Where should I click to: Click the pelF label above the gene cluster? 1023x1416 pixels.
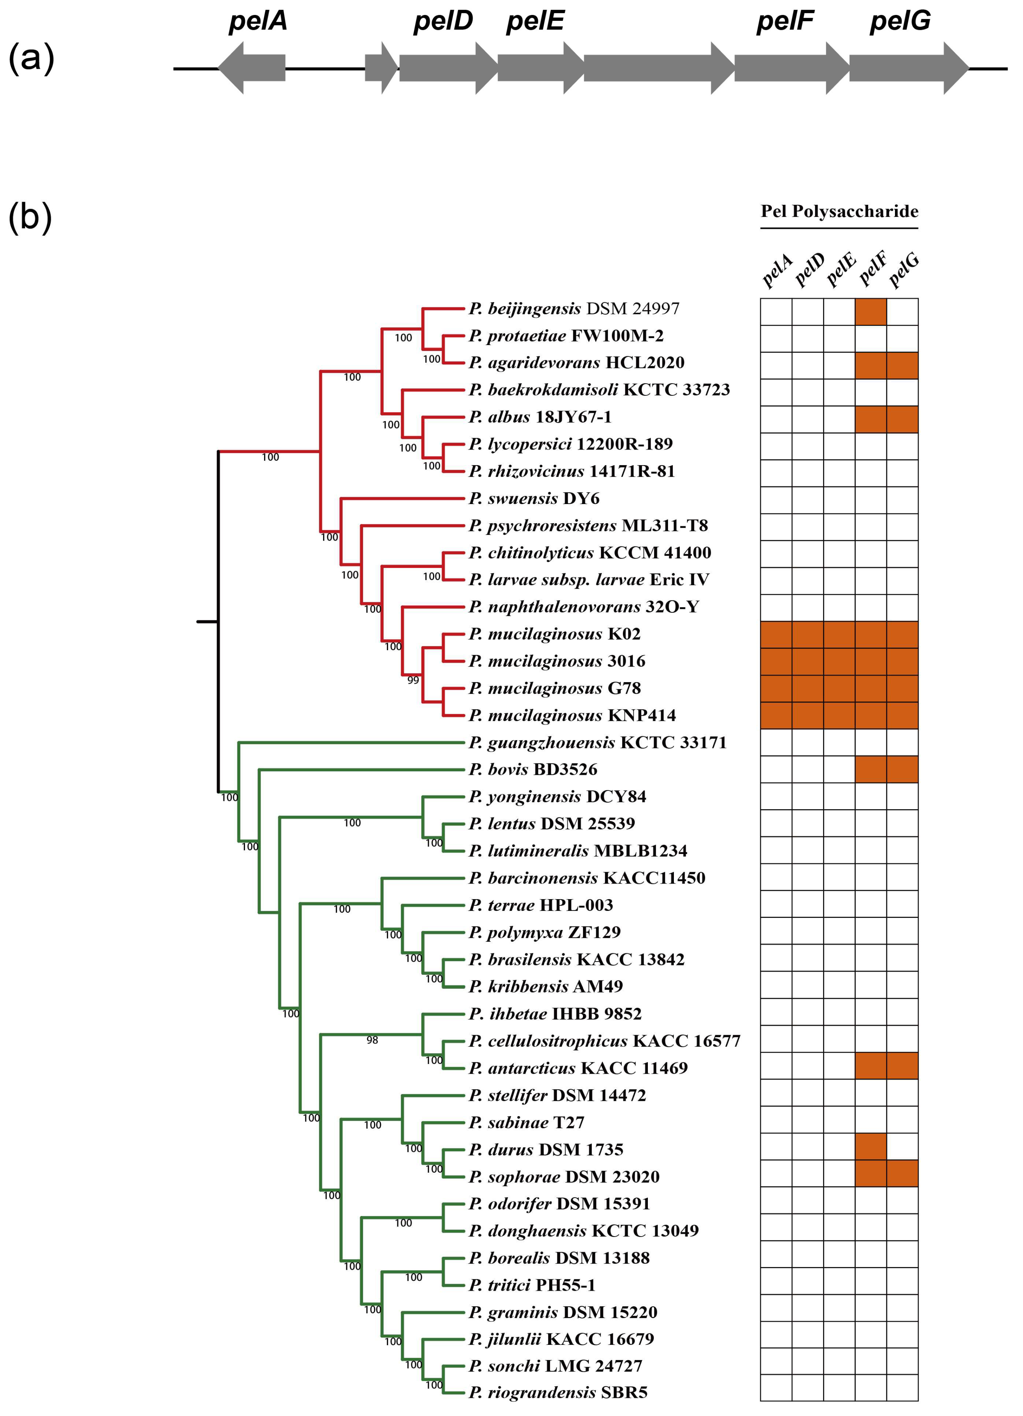point(785,21)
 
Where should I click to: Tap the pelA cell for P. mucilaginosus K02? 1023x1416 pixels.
point(776,634)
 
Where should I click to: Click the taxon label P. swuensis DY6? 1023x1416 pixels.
point(534,498)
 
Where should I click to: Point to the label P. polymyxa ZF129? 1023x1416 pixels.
point(544,932)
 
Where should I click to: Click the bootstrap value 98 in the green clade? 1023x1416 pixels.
point(372,1040)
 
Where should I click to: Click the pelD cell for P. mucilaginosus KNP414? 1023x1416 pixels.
point(808,715)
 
